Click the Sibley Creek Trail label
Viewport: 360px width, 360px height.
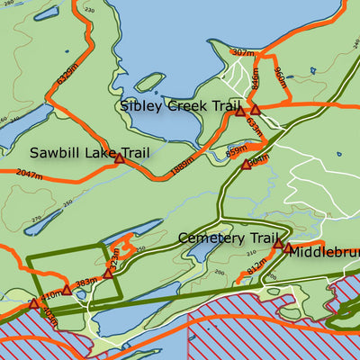pos(175,106)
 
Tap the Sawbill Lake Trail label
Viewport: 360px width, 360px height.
pos(88,153)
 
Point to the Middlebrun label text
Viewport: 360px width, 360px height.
pos(322,251)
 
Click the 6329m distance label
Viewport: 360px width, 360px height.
pos(67,67)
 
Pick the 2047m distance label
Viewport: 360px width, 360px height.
pos(29,174)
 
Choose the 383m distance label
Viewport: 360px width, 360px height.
pos(86,283)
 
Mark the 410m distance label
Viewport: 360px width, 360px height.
pos(51,293)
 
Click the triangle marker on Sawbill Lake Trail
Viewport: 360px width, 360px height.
pos(119,158)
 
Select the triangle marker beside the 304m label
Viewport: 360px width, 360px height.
pos(246,165)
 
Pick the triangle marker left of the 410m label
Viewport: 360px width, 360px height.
pos(34,304)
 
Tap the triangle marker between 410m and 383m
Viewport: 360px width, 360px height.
pos(67,290)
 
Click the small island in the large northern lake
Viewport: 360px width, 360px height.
pos(149,82)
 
